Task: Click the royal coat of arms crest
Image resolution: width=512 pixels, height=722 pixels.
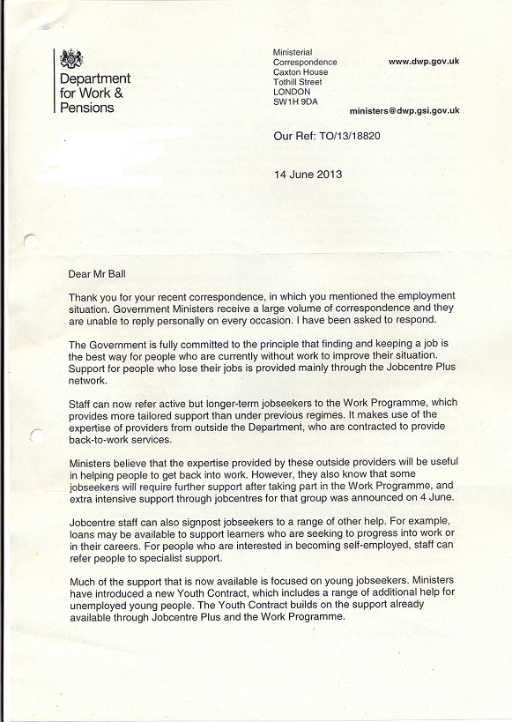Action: coord(71,59)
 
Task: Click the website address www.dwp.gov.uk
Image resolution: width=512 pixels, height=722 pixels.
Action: coord(424,62)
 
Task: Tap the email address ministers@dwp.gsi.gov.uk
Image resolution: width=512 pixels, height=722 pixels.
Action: coord(404,112)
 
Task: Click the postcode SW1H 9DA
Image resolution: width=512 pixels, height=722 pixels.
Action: coord(295,102)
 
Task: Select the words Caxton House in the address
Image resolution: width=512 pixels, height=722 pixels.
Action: coord(301,72)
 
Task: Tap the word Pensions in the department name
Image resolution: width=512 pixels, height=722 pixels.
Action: coord(87,108)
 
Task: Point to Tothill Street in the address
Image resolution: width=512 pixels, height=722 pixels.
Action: coord(298,82)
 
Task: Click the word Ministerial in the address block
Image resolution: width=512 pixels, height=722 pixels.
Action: coord(293,53)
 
